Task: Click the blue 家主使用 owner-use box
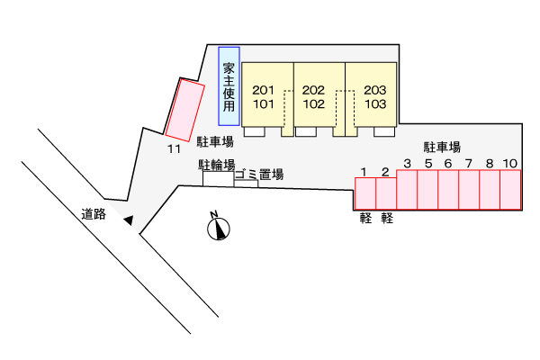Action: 229,86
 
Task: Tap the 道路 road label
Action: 93,214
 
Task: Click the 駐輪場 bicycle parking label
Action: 217,165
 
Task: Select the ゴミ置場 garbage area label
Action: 259,175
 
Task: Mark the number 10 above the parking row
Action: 510,163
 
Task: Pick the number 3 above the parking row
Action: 407,163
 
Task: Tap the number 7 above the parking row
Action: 468,163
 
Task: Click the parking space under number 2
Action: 385,193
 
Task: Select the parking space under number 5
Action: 427,189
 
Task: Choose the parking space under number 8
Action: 490,189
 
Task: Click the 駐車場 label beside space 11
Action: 216,141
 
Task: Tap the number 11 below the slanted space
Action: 174,148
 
